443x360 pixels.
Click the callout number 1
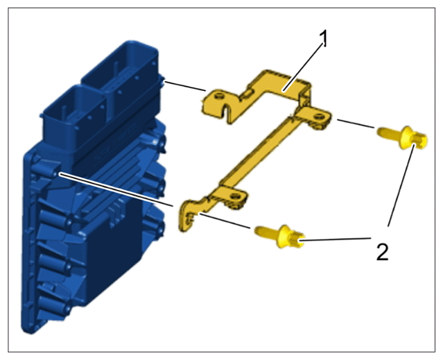324,39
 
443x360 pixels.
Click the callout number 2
383,252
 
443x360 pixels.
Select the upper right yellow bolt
402,137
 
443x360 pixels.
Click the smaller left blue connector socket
74,113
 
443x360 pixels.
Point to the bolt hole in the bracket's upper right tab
320,116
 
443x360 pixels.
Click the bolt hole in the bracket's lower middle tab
234,196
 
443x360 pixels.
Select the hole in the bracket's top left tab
218,96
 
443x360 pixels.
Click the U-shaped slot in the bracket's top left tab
225,112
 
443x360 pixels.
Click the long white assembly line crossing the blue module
116,190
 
